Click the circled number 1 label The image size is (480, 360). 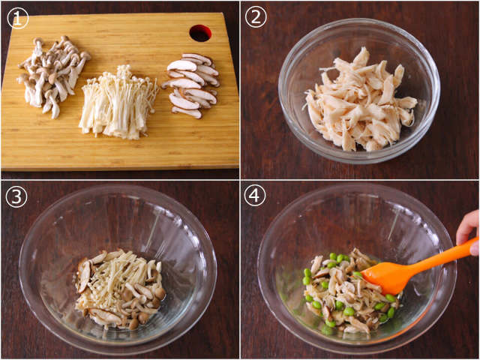point(17,18)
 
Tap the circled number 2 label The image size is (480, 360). point(256,17)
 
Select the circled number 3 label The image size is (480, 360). point(16,196)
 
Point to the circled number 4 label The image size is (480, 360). point(255,196)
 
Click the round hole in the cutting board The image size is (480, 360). point(200,33)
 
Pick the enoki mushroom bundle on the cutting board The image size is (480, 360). point(118,103)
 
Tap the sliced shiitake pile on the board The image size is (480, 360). point(191,85)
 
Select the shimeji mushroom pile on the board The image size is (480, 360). point(52,75)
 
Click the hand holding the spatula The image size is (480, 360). point(468,231)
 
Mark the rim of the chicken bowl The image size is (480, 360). point(359,19)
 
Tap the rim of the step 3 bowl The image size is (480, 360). point(118,186)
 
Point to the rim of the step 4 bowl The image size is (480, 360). point(357,185)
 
